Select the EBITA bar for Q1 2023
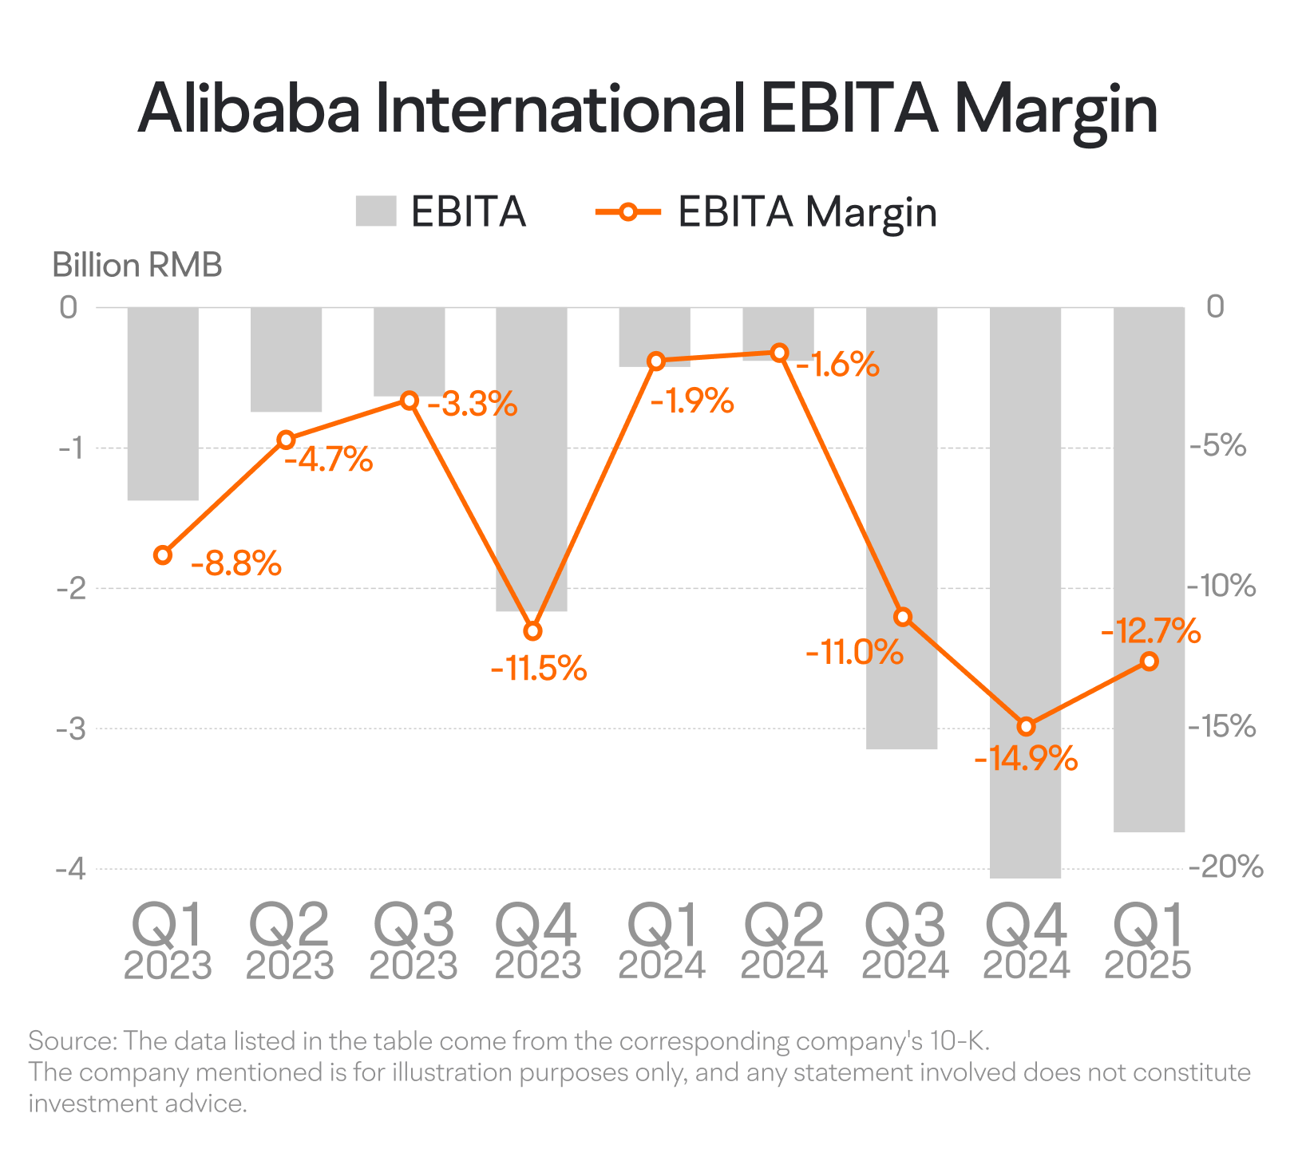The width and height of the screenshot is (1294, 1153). coord(163,404)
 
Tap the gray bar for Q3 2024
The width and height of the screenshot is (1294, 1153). coord(902,527)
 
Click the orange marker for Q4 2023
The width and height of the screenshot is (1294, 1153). coord(532,631)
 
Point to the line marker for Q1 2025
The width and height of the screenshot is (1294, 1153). coord(1149,661)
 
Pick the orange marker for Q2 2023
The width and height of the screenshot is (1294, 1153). coord(286,440)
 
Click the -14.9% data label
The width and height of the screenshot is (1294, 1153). coord(1026,758)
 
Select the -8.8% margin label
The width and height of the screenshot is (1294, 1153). coord(236,563)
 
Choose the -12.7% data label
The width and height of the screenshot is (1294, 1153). coord(1150,631)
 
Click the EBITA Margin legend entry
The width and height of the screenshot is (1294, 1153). coord(766,212)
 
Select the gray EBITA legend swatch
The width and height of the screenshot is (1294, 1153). coord(376,211)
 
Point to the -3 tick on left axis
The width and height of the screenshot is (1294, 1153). coord(70,729)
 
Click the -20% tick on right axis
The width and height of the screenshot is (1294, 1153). coord(1225,867)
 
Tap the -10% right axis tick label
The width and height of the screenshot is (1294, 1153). coord(1222,586)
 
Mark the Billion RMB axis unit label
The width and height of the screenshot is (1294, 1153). coord(137,266)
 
